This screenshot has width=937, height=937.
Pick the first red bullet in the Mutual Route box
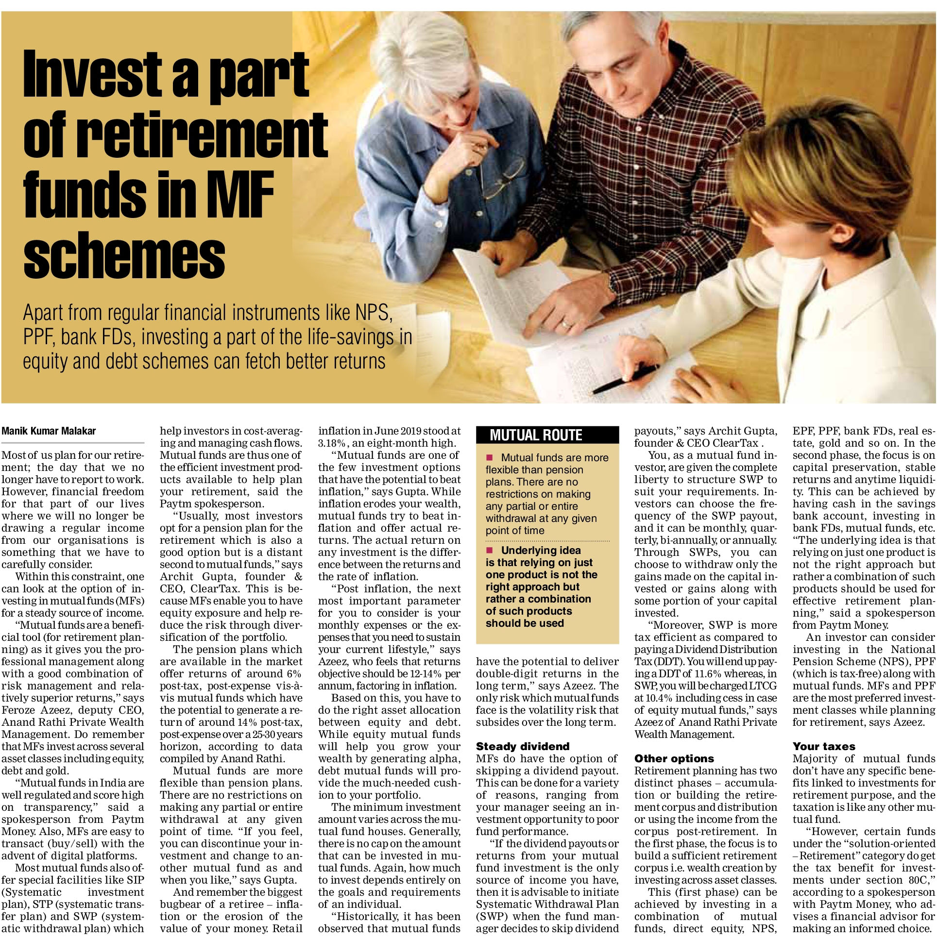[490, 457]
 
